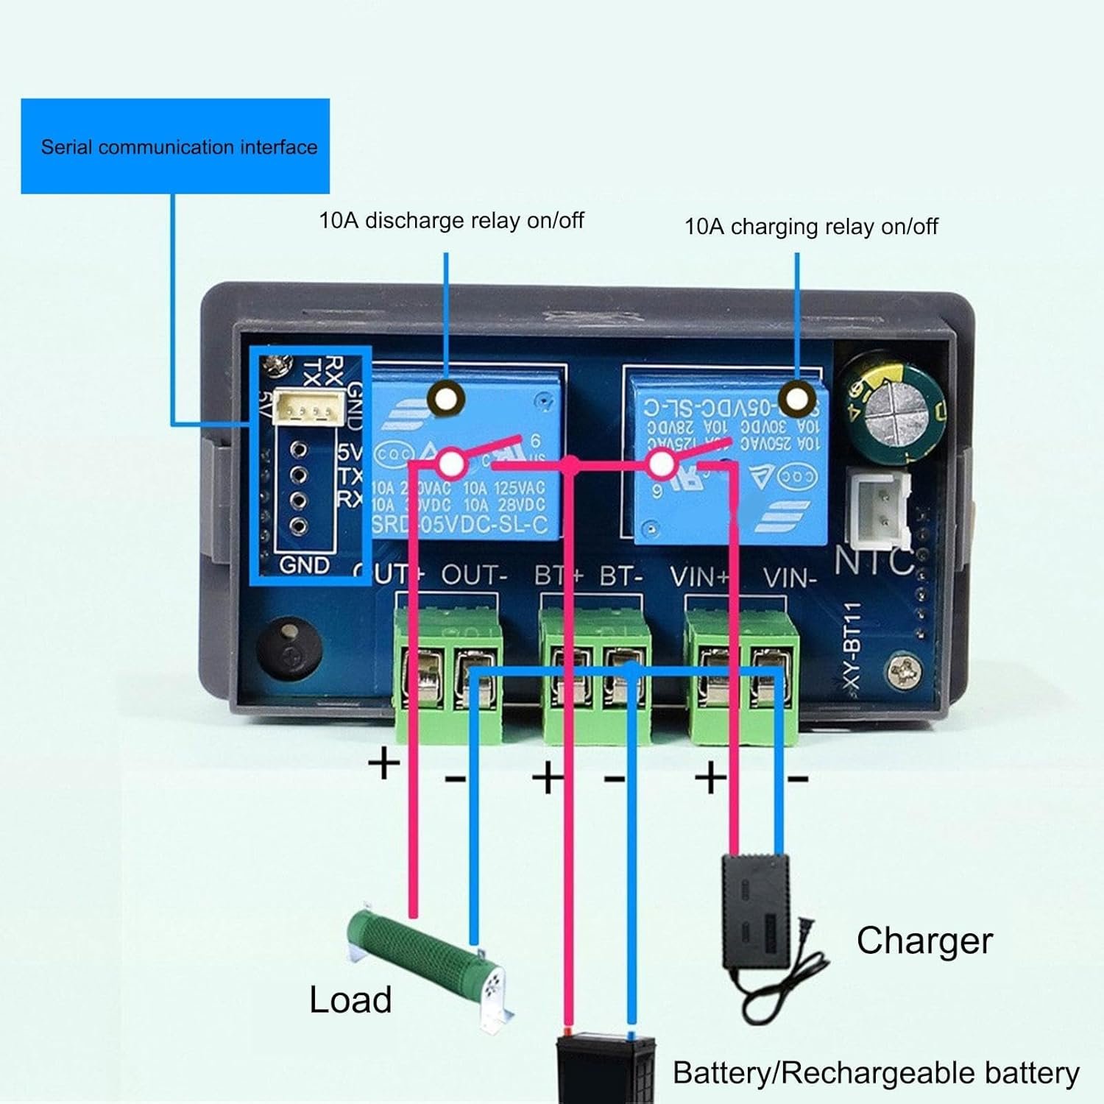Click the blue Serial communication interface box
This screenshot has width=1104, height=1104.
click(x=175, y=146)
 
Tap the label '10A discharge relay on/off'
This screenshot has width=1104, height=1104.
click(x=451, y=220)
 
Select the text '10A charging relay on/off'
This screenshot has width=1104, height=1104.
click(x=811, y=226)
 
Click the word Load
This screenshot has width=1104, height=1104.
click(x=350, y=999)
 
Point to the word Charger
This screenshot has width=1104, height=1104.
click(x=924, y=941)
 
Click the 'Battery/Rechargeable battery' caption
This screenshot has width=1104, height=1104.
click(x=876, y=1073)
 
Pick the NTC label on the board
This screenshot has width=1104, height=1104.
click(x=874, y=562)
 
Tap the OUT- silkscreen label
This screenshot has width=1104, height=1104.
click(x=475, y=576)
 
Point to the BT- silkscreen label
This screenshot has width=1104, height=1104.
click(x=621, y=576)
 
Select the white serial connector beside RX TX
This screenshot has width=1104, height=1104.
click(x=310, y=408)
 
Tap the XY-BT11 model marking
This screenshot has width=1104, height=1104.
click(x=852, y=647)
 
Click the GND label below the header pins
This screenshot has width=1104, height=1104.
click(x=305, y=565)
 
